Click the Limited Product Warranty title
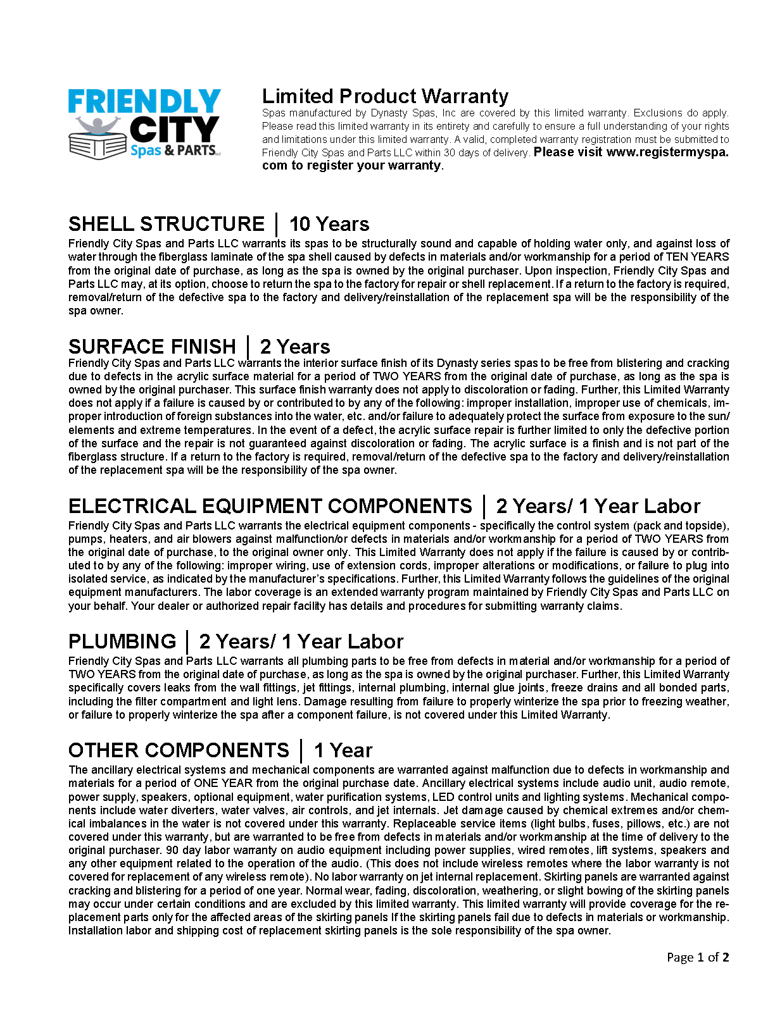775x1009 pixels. coord(385,96)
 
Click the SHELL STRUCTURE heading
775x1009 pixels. coord(166,224)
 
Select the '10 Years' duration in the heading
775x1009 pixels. coord(329,224)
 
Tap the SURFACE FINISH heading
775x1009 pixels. coord(152,347)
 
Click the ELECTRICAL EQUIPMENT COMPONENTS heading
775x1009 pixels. coord(270,506)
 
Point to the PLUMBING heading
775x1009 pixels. coord(122,641)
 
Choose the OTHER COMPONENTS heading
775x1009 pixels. coord(179,750)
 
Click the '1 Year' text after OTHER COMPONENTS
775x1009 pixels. coord(343,750)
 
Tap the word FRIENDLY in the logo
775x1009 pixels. coord(144,102)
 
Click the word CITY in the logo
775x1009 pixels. coord(174,130)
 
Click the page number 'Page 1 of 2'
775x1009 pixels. coord(698,957)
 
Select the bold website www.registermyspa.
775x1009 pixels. coord(667,152)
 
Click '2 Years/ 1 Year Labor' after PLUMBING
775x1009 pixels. coord(301,641)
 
